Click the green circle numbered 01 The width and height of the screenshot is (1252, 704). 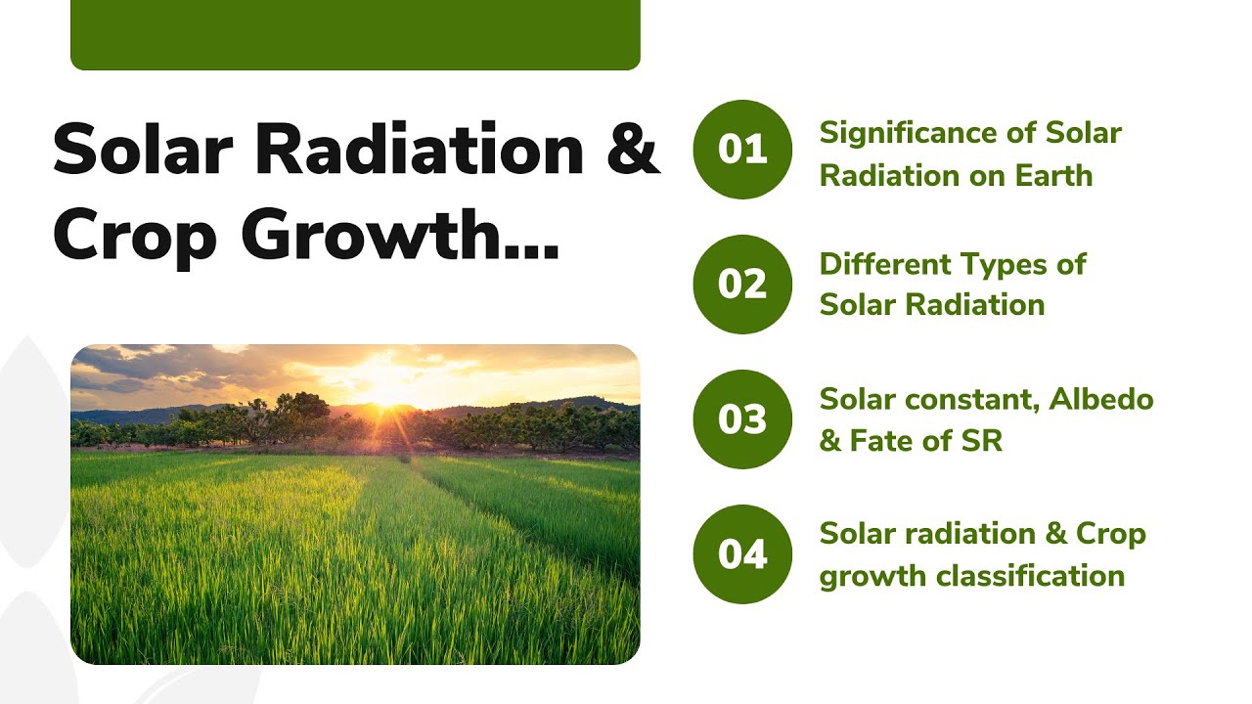tap(742, 150)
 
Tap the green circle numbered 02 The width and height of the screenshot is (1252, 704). tap(742, 285)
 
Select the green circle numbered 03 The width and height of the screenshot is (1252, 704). tap(742, 419)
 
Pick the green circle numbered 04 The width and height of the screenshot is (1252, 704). tap(742, 554)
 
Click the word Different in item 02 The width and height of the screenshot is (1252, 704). tap(885, 264)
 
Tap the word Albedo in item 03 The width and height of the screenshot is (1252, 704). tap(1107, 400)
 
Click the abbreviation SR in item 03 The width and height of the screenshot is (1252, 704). tap(982, 442)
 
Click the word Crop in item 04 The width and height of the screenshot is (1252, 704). tap(1111, 535)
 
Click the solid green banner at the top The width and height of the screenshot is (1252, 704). tap(355, 34)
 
